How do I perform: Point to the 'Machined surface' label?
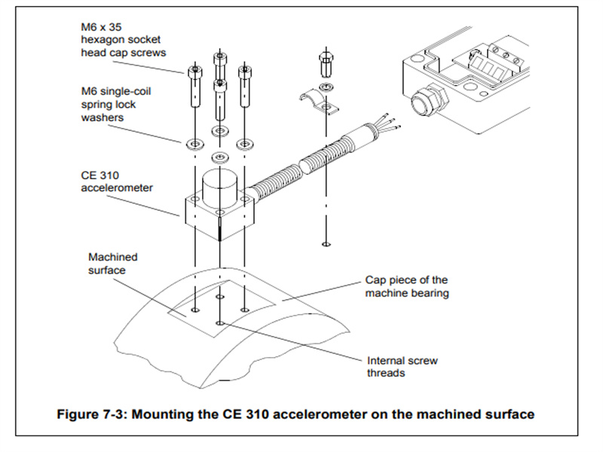tap(113, 263)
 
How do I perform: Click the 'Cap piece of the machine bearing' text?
tap(406, 286)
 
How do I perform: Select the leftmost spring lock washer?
tap(191, 142)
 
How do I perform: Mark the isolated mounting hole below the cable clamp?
tap(325, 243)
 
